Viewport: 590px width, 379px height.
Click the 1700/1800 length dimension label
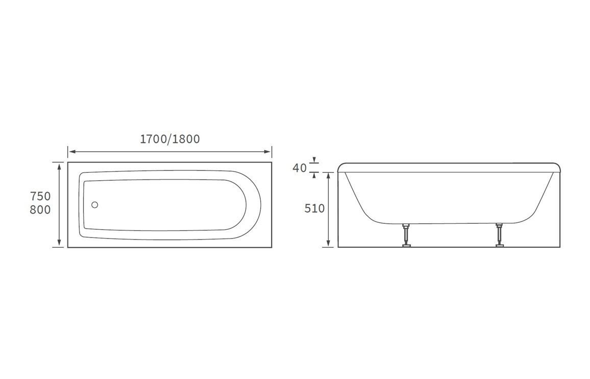coord(169,139)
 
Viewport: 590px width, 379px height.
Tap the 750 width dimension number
coord(40,196)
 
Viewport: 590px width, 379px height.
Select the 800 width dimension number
coord(40,209)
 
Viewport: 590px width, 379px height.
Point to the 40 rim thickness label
coord(300,168)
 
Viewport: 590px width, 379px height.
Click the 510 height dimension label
coord(314,208)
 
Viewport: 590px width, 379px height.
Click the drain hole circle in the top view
coord(95,205)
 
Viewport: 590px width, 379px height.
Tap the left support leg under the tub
coord(406,235)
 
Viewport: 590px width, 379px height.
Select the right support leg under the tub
coord(499,235)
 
